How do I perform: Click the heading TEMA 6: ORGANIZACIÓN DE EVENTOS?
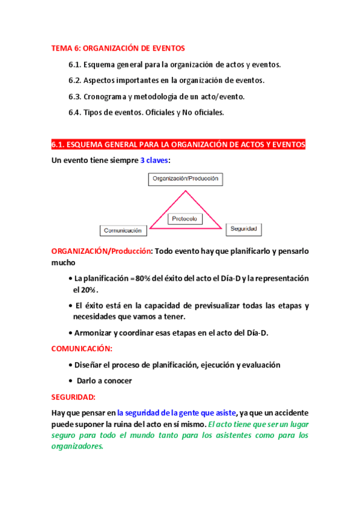click(x=118, y=48)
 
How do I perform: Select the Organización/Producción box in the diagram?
click(x=185, y=179)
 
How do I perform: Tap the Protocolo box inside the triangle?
click(x=185, y=219)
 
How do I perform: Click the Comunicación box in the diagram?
click(x=123, y=230)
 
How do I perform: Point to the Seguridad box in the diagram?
click(x=244, y=229)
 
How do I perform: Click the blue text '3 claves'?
click(x=154, y=160)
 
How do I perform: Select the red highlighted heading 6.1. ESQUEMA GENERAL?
click(x=178, y=144)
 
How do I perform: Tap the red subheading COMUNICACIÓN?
click(x=82, y=348)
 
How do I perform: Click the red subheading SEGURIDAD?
click(x=73, y=397)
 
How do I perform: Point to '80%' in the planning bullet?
click(x=144, y=278)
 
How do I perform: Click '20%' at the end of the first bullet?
click(x=84, y=289)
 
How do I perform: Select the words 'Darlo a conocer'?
click(x=104, y=381)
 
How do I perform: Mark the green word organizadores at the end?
click(x=78, y=447)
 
